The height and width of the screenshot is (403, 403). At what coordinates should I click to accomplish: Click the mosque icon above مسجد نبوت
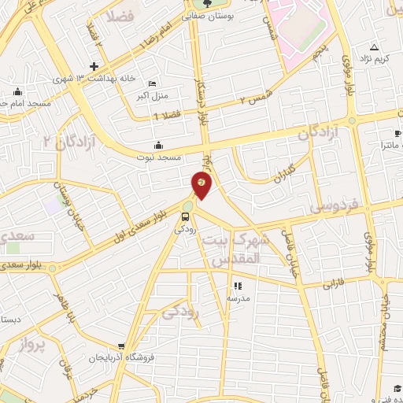click(x=159, y=145)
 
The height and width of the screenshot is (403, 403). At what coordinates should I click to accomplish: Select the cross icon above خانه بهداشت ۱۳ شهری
click(x=94, y=66)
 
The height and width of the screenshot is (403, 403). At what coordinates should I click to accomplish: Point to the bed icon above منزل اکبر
click(x=152, y=84)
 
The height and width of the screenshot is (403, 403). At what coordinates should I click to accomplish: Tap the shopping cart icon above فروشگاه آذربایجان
click(x=121, y=346)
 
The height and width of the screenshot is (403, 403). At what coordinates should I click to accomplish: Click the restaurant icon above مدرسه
click(x=238, y=286)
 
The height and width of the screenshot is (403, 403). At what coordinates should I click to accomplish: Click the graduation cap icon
click(x=397, y=388)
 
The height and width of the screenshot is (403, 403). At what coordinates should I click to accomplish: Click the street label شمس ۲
click(x=256, y=101)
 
